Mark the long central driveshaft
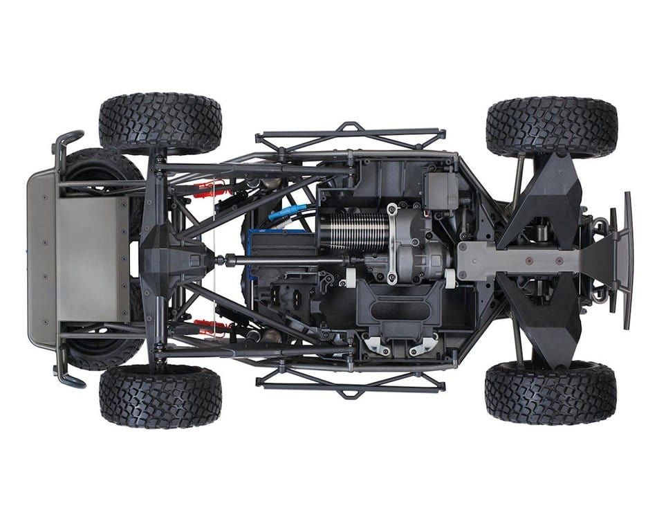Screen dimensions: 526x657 290,261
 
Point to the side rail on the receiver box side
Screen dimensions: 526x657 350,135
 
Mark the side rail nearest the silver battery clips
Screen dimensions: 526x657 350,380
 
